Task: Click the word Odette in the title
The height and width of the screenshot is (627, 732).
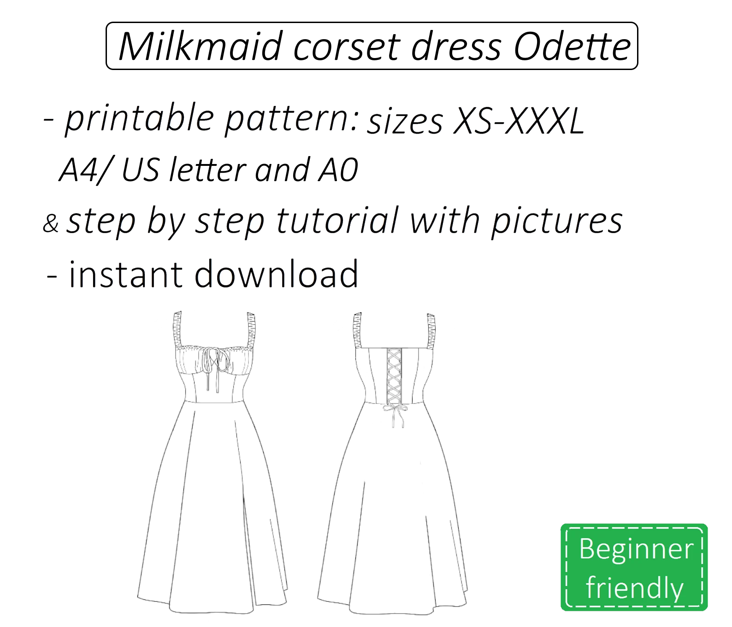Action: tap(572, 47)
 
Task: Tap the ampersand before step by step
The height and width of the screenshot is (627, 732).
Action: tap(51, 223)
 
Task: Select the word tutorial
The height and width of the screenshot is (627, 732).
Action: tap(337, 221)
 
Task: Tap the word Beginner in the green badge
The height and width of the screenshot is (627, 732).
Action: tap(636, 549)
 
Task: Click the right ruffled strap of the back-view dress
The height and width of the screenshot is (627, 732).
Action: tap(431, 331)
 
